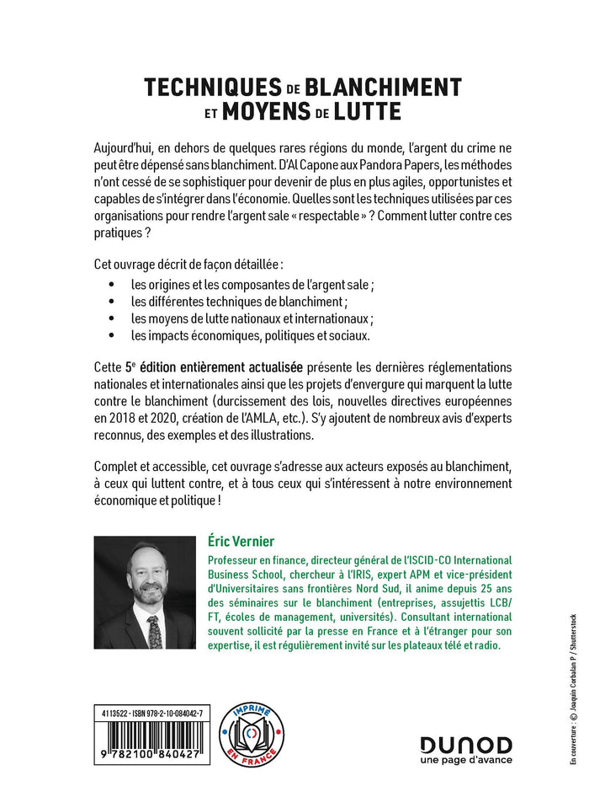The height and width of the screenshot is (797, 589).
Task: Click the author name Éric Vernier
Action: click(243, 539)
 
